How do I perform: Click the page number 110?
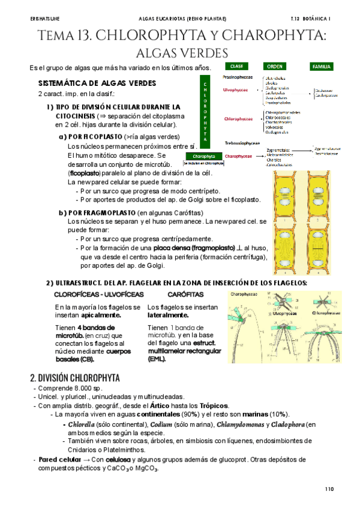(x=328, y=489)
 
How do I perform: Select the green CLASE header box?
(x=236, y=66)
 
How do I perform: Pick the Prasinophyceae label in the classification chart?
(x=238, y=77)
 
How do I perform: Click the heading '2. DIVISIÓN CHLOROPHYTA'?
(x=75, y=378)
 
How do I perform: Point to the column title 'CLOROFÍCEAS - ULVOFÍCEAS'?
(x=99, y=295)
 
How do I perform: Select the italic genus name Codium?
(x=146, y=424)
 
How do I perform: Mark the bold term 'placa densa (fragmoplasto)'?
(x=193, y=247)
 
